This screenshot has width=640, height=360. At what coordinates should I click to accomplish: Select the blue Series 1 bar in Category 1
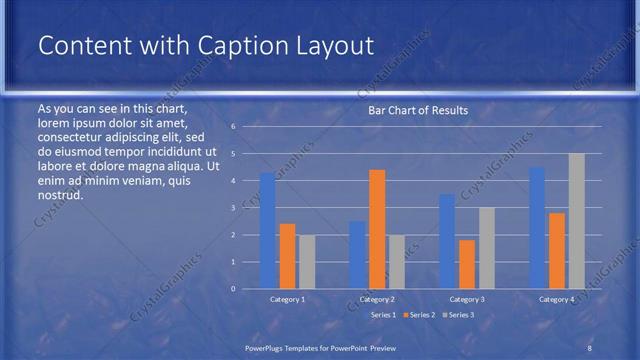268,231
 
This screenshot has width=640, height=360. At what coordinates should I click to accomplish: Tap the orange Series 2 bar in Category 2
377,229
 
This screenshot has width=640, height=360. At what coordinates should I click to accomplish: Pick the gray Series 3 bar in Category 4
576,221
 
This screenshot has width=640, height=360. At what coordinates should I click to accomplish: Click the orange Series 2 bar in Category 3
467,264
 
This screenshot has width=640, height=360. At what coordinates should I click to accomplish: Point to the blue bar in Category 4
537,228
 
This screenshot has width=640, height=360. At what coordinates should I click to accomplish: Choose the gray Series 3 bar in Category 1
307,262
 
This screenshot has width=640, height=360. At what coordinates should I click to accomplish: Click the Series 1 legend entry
383,315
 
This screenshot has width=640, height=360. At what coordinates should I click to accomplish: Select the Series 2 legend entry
421,315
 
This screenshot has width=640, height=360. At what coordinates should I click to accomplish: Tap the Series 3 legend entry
460,315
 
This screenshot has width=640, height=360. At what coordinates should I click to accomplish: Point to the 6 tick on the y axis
232,127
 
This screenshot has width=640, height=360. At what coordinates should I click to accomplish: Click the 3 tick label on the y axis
232,208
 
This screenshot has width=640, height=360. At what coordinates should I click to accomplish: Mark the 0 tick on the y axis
232,289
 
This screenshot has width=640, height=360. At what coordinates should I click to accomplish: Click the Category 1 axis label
288,299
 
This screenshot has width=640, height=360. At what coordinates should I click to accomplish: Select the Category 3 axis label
467,299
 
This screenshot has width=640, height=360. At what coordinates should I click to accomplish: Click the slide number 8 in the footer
589,346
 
